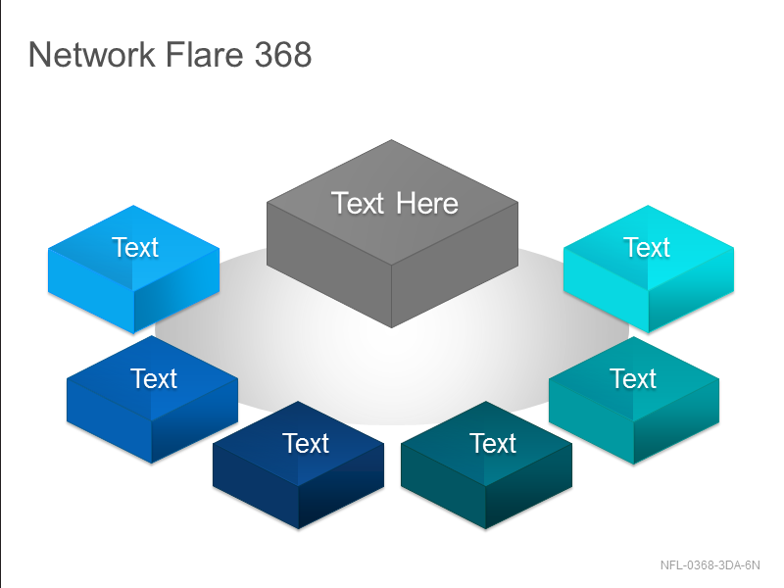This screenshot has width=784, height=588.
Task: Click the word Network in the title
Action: click(x=91, y=54)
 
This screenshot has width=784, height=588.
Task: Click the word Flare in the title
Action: click(x=204, y=54)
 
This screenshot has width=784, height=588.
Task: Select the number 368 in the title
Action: click(x=283, y=54)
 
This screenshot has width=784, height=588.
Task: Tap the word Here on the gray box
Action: click(x=427, y=204)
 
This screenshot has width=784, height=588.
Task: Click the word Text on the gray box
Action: click(x=358, y=204)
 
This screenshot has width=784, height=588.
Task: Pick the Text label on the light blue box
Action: click(x=135, y=247)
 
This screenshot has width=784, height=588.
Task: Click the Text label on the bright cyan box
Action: click(x=647, y=247)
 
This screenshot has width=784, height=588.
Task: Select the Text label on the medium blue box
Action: click(x=154, y=378)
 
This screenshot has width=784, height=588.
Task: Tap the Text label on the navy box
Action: click(x=306, y=443)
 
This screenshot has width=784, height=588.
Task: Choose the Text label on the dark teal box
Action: click(x=493, y=443)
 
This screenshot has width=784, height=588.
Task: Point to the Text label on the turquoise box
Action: click(x=633, y=378)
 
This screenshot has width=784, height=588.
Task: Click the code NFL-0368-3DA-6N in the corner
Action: click(x=710, y=565)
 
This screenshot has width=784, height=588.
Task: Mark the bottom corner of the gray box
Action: click(x=391, y=328)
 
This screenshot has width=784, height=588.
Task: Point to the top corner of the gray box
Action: click(x=391, y=140)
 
